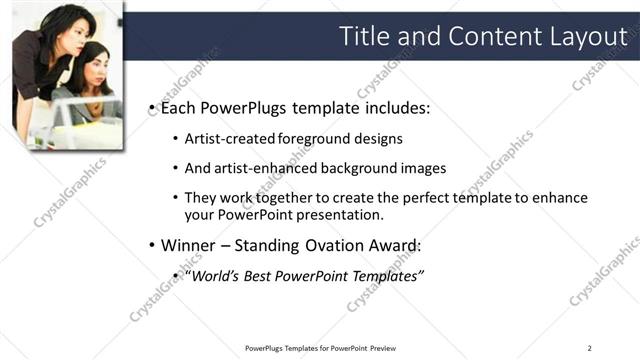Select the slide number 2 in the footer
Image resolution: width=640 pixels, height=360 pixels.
click(590, 348)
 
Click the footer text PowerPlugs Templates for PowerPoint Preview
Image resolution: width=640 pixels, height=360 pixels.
click(319, 348)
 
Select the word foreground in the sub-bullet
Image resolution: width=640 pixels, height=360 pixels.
click(316, 139)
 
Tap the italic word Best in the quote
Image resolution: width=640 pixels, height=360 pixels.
click(259, 275)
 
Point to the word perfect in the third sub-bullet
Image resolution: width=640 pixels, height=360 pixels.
click(407, 198)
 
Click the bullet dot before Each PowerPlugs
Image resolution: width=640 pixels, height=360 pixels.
click(151, 108)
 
